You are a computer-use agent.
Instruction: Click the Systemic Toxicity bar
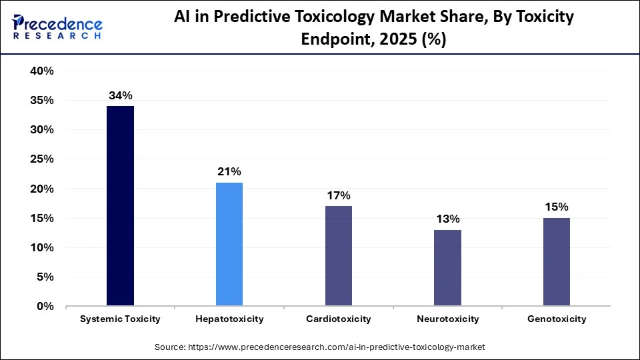tap(120, 206)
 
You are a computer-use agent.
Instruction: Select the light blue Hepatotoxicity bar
tap(229, 244)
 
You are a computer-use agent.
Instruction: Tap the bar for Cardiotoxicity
tap(339, 256)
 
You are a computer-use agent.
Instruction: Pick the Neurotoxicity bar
tap(447, 268)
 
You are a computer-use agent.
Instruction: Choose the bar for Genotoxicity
tap(557, 262)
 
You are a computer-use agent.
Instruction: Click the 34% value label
tap(120, 96)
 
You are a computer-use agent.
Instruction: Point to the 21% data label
tap(229, 172)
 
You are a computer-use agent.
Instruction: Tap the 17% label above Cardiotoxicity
tap(339, 196)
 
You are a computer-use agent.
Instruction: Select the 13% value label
tap(447, 219)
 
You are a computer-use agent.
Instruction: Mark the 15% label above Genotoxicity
tap(557, 207)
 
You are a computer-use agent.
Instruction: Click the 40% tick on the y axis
tap(41, 71)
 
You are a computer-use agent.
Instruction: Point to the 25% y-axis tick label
tap(41, 159)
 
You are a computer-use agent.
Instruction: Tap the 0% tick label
tap(45, 307)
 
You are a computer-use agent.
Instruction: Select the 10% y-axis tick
tap(41, 248)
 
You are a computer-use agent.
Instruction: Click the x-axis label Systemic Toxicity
tap(120, 319)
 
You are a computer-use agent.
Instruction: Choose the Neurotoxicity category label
tap(447, 319)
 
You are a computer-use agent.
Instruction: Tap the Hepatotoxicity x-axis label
tap(229, 319)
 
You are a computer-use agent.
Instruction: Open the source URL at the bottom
tap(320, 347)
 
